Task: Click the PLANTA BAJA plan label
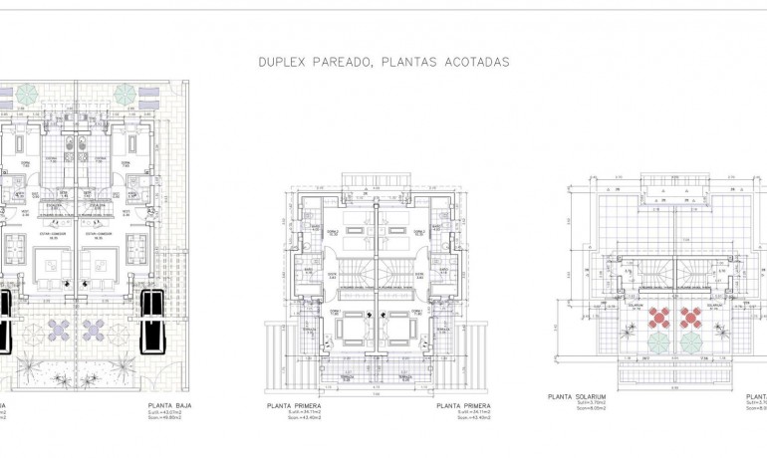170,406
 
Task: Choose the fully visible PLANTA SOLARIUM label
578,396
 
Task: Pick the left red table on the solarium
659,318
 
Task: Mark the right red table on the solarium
689,318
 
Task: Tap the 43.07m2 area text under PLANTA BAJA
170,414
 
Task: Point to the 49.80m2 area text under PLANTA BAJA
170,420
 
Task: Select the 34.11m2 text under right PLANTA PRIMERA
461,415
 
